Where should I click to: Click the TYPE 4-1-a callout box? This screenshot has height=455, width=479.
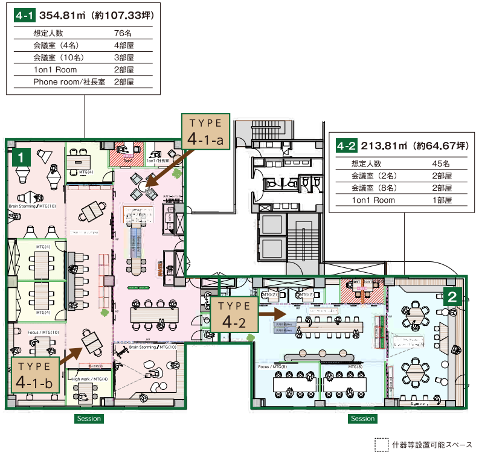point(206,132)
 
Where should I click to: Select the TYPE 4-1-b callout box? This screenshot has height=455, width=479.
point(35,374)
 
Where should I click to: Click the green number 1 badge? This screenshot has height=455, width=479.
point(22,158)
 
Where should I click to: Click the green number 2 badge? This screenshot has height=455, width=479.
point(453,296)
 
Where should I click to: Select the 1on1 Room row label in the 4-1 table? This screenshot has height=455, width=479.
point(55,69)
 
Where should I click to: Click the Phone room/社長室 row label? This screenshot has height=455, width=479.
point(69,81)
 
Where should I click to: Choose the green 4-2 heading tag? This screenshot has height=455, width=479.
point(346,146)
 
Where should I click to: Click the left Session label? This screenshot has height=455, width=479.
point(88,418)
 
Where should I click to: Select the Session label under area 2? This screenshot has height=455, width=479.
point(362,418)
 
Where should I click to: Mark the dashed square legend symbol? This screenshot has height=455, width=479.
point(381,444)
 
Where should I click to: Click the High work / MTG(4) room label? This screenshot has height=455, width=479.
point(90,379)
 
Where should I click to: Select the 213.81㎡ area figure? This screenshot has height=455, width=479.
point(382,146)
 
